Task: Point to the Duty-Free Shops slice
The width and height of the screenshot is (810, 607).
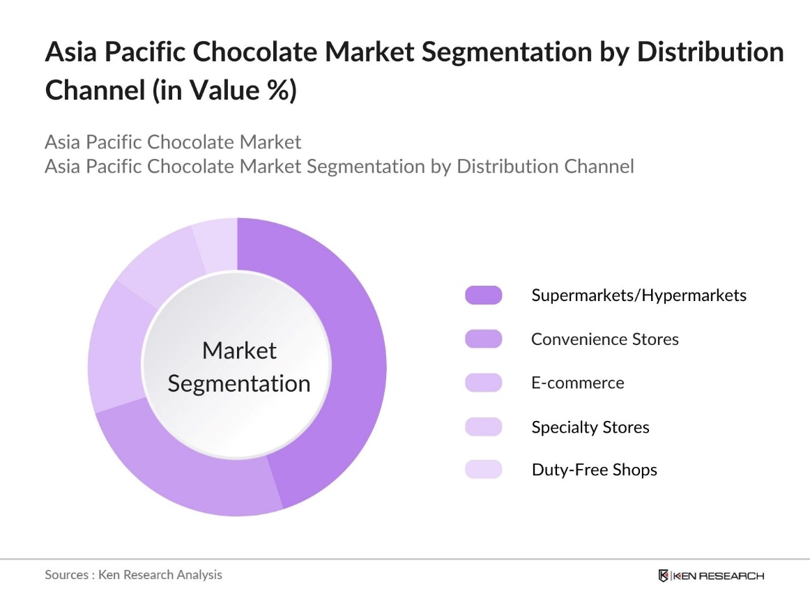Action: [216, 240]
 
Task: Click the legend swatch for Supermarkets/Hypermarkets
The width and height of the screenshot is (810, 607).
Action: [483, 295]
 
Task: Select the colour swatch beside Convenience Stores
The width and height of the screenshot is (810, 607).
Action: [483, 339]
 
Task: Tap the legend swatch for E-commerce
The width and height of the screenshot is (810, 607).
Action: [483, 383]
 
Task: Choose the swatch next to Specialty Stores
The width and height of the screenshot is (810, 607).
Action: [483, 427]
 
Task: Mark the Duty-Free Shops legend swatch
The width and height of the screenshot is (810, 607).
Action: [483, 470]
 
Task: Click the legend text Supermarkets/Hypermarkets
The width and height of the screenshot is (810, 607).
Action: [639, 295]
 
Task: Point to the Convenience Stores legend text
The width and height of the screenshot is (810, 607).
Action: [604, 339]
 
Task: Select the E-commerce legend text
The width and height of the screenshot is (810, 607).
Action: [577, 383]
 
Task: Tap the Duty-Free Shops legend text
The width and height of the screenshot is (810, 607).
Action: [594, 470]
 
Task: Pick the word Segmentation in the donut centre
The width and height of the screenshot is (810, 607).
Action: [239, 384]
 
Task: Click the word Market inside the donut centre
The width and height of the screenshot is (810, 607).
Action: [239, 351]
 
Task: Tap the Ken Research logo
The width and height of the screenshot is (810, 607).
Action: [711, 576]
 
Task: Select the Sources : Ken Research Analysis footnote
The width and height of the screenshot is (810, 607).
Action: [133, 575]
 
